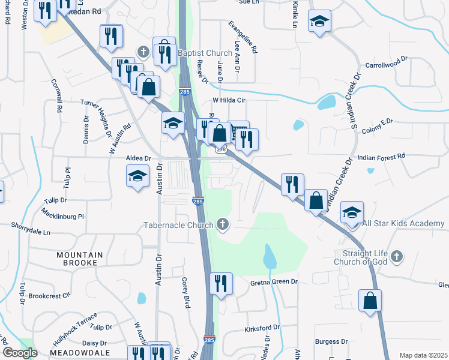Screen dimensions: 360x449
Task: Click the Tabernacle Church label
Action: tap(178, 226)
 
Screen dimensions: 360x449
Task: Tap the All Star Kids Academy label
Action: tap(403, 224)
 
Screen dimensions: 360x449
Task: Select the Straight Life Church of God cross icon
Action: tap(396, 257)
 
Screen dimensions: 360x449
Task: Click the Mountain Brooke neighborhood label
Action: tap(80, 259)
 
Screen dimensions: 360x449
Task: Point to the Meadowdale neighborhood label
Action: tap(79, 353)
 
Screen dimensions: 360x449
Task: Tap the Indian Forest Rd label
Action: tap(381, 156)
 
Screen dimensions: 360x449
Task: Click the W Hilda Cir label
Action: tap(230, 101)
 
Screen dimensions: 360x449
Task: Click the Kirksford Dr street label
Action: tap(262, 328)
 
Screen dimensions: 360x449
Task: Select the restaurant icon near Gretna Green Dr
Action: tap(221, 283)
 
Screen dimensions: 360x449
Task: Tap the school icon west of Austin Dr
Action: tap(137, 176)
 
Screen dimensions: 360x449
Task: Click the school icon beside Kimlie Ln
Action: tap(320, 22)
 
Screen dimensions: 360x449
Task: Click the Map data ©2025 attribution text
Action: tap(423, 355)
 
